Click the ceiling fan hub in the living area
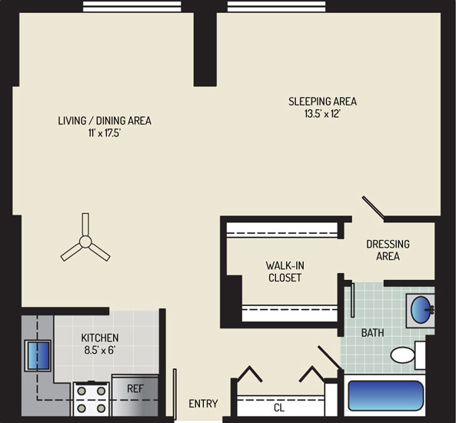coord(85,241)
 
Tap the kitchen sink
coord(38,355)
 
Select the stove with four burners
coord(91,399)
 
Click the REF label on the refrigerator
coord(135,388)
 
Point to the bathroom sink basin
coord(421,309)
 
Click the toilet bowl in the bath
coord(402,355)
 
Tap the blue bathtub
coord(385,395)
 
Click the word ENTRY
coord(203,404)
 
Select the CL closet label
coord(279,408)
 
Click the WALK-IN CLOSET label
coord(285,271)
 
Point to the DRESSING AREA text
coord(388,250)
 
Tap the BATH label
coord(372,332)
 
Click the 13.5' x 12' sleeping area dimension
coord(322,114)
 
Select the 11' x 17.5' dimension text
coord(105,133)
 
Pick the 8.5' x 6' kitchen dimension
coord(100,350)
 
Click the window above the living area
coord(132,6)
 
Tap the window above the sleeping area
coord(276,6)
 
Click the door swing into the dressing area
coord(374,207)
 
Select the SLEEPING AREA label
coord(322,102)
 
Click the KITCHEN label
coord(100,338)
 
